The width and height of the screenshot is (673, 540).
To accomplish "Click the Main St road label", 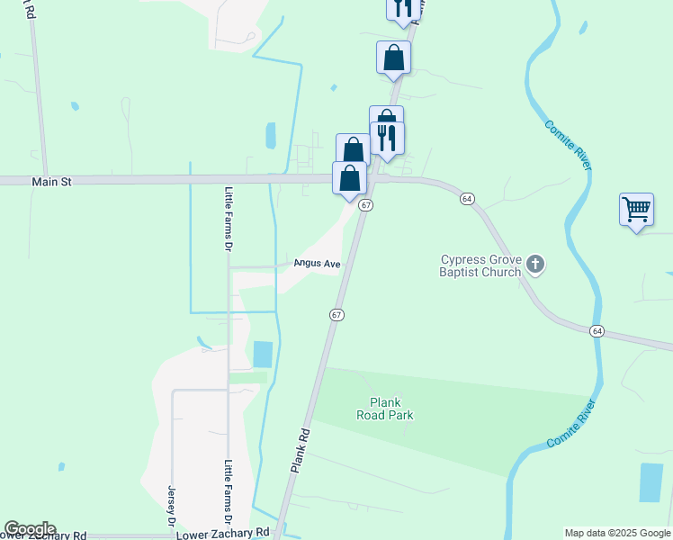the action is click(x=51, y=181).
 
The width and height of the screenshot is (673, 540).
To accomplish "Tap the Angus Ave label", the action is click(x=318, y=264).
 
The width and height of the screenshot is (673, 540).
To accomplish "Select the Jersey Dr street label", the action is click(x=170, y=506).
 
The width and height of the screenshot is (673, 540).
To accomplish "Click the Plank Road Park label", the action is click(x=390, y=409).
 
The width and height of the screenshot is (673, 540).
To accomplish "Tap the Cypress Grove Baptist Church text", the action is click(x=480, y=265).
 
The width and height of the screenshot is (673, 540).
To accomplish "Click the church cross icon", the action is click(x=535, y=265).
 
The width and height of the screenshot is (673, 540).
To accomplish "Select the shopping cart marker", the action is click(x=636, y=210).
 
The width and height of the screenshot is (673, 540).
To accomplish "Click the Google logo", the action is click(x=30, y=529).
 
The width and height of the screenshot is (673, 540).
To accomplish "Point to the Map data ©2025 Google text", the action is click(x=617, y=533).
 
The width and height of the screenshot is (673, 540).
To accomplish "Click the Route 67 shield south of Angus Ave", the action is click(x=336, y=314).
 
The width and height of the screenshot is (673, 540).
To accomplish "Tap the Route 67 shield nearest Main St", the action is click(x=365, y=205).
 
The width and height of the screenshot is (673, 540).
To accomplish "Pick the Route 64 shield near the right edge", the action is click(x=597, y=331).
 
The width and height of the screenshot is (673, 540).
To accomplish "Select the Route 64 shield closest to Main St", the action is click(x=466, y=198).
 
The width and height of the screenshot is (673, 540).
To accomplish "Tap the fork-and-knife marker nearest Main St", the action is click(x=387, y=139).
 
